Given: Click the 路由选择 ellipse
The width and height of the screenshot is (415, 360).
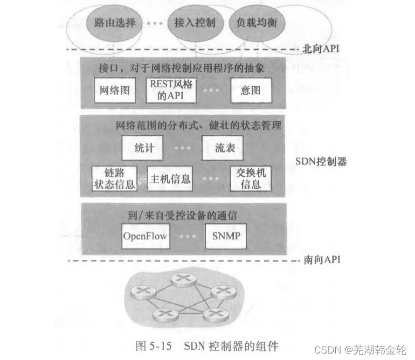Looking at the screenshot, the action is (x=114, y=24).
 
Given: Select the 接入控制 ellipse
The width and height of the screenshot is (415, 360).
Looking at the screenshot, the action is (x=195, y=24).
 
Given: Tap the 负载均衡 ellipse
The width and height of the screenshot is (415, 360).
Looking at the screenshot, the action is (x=257, y=24).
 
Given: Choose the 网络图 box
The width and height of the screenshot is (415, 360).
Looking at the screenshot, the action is (x=115, y=90).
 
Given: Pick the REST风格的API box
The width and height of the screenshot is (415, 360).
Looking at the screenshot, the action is (x=171, y=90).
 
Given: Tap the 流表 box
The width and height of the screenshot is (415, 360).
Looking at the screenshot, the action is (x=223, y=147).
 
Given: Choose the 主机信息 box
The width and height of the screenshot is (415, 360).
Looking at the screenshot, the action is (x=169, y=178).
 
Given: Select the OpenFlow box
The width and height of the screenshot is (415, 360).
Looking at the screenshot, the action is (x=144, y=236).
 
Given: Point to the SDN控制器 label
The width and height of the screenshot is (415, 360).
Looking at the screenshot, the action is (x=321, y=161).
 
